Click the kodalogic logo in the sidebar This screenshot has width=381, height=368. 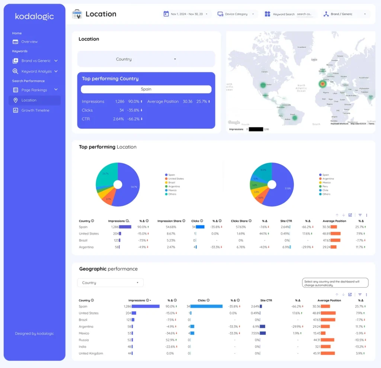(x=34, y=16)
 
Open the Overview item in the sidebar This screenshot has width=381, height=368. (x=29, y=42)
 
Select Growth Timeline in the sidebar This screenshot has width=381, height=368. (x=35, y=110)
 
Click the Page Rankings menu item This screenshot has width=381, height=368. (x=34, y=90)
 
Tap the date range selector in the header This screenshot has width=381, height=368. (x=186, y=14)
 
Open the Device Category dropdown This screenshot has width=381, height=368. (x=236, y=14)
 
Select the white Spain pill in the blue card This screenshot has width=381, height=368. (x=146, y=89)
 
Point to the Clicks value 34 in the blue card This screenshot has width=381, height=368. (x=121, y=110)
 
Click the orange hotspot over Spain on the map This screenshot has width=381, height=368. (x=322, y=84)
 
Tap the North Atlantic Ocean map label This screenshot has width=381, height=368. (x=301, y=88)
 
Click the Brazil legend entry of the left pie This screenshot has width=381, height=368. (x=171, y=183)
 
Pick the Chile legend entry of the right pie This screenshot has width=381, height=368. (x=325, y=190)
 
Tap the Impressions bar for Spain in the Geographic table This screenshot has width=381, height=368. (x=145, y=306)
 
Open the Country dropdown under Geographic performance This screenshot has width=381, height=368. (x=110, y=283)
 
